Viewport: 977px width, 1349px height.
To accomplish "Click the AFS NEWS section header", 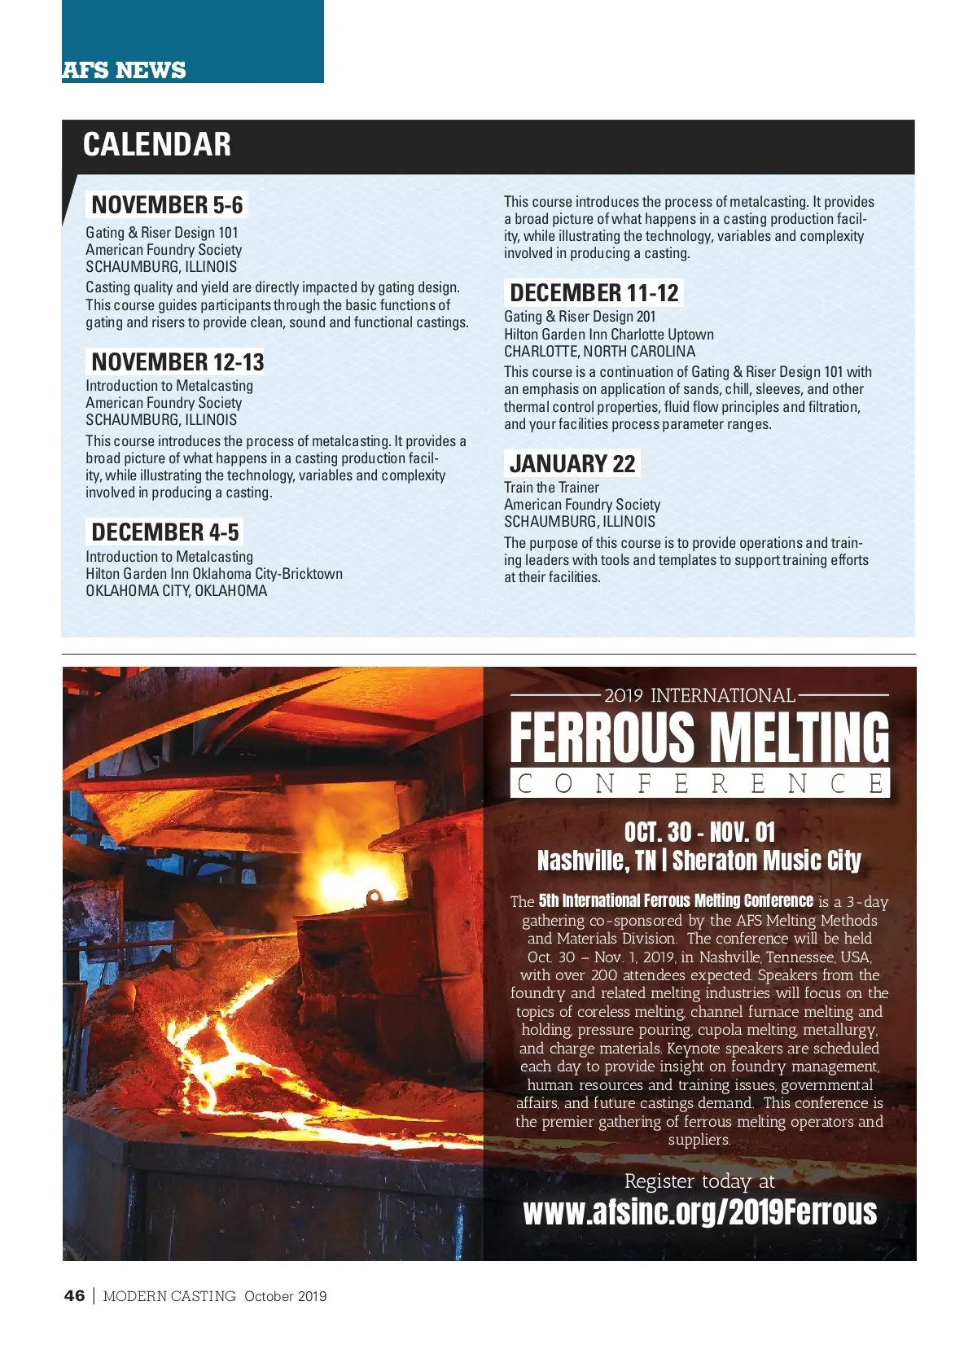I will pyautogui.click(x=125, y=71).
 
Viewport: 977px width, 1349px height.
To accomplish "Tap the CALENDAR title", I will pyautogui.click(x=157, y=145).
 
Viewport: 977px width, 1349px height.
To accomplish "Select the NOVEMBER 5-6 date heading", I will pyautogui.click(x=167, y=205).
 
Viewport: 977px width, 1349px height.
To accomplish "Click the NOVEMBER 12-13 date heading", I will pyautogui.click(x=177, y=362).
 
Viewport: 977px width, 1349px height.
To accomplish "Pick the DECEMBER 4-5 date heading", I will pyautogui.click(x=165, y=532).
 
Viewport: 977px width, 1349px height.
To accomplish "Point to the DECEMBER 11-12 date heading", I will pyautogui.click(x=594, y=293).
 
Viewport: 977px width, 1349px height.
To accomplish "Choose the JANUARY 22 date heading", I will pyautogui.click(x=572, y=464).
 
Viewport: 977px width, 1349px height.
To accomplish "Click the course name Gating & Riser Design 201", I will pyautogui.click(x=580, y=317).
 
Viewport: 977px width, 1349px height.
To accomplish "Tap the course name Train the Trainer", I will pyautogui.click(x=551, y=488).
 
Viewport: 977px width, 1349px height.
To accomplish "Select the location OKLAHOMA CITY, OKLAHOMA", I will pyautogui.click(x=176, y=591).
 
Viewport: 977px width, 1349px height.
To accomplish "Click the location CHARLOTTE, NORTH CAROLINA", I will pyautogui.click(x=599, y=352).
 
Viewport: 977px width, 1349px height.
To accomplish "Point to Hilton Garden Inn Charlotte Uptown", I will pyautogui.click(x=609, y=335).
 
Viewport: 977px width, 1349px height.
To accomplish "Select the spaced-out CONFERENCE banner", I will pyautogui.click(x=699, y=783).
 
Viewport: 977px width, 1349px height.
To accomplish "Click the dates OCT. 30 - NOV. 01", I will pyautogui.click(x=699, y=832).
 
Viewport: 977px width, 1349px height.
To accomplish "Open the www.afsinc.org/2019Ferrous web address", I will pyautogui.click(x=699, y=1212).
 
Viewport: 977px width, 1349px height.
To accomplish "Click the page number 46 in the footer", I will pyautogui.click(x=74, y=1296).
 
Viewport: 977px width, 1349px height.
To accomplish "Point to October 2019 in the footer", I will pyautogui.click(x=285, y=1296).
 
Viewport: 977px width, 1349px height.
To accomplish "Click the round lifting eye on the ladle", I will pyautogui.click(x=374, y=897).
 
